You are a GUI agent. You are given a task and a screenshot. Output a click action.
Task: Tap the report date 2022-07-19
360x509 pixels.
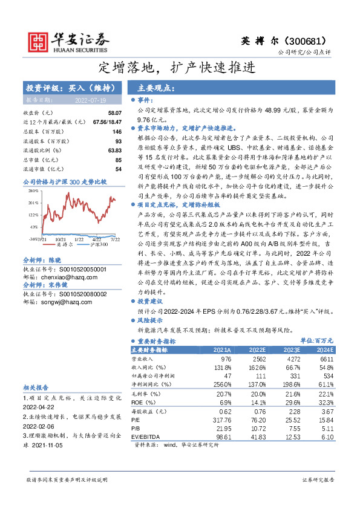point(91,100)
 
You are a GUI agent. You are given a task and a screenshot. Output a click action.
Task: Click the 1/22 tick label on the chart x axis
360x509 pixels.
point(79,240)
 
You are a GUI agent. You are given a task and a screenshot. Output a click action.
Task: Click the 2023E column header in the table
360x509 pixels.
point(290,350)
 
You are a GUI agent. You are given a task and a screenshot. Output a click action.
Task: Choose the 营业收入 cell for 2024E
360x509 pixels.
point(325,359)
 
